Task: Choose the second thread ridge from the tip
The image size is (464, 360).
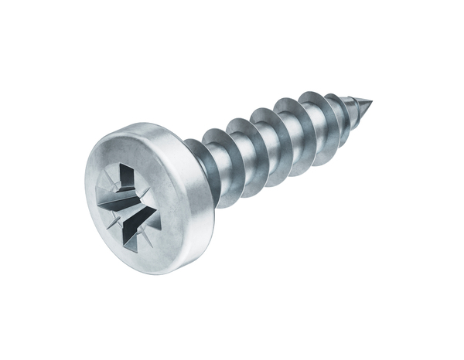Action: (335, 107)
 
